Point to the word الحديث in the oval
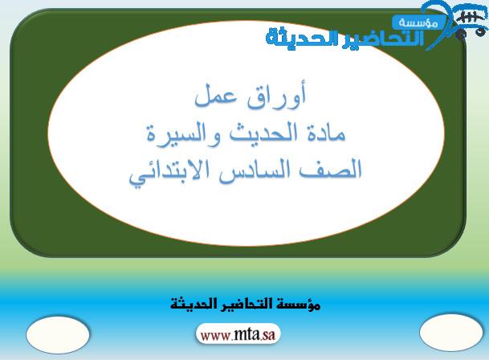tap(264, 133)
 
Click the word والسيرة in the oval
tap(184, 134)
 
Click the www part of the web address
tap(216, 336)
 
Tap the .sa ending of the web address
tap(267, 335)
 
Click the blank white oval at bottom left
tap(58, 335)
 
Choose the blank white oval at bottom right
tap(451, 333)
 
